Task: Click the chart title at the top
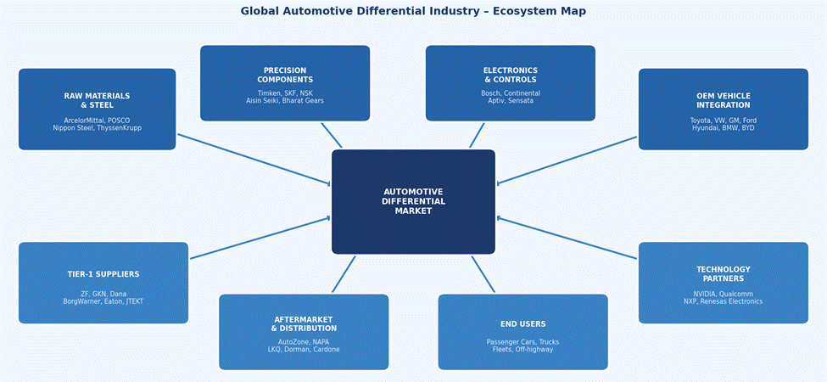click(413, 11)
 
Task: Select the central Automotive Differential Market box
click(413, 202)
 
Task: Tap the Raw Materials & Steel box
click(97, 110)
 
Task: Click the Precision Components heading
click(285, 76)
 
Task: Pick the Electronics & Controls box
click(510, 83)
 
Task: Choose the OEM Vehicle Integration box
click(723, 110)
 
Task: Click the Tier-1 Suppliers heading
click(103, 274)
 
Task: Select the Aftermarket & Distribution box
click(304, 332)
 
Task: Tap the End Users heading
click(522, 324)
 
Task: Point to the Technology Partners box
click(723, 283)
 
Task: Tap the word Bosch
click(491, 93)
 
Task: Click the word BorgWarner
click(82, 301)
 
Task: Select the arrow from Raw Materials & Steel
click(254, 160)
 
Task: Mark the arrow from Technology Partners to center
click(567, 239)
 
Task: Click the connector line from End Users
click(483, 274)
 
